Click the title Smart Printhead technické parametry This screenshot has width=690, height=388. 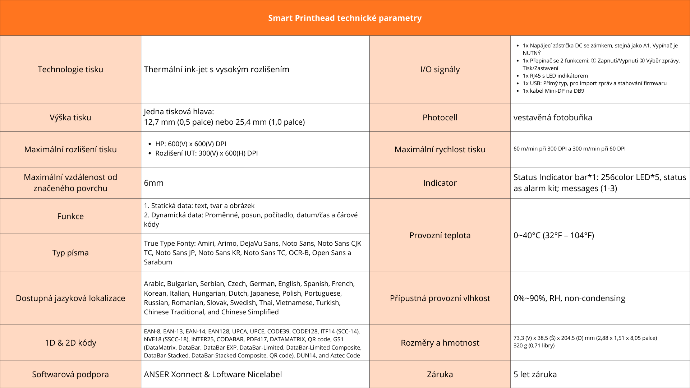pyautogui.click(x=345, y=18)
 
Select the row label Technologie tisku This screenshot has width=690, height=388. pyautogui.click(x=70, y=69)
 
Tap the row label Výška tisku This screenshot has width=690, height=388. pyautogui.click(x=70, y=117)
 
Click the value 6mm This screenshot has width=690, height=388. pyautogui.click(x=154, y=183)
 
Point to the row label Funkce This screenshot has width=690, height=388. pyautogui.click(x=70, y=216)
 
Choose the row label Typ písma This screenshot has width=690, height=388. pyautogui.click(x=70, y=253)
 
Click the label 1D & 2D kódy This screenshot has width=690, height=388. pyautogui.click(x=70, y=343)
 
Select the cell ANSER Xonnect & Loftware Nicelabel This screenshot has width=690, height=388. pyautogui.click(x=213, y=374)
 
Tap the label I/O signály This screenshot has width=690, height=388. pyautogui.click(x=440, y=69)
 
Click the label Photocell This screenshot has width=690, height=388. pyautogui.click(x=440, y=117)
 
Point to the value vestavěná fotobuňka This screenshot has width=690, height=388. pyautogui.click(x=553, y=117)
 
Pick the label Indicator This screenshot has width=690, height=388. pyautogui.click(x=440, y=183)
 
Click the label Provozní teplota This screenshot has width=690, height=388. pyautogui.click(x=440, y=235)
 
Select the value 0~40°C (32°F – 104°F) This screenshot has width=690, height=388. pyautogui.click(x=554, y=235)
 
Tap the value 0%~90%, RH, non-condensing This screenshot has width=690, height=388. pyautogui.click(x=569, y=298)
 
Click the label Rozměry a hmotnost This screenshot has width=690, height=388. pyautogui.click(x=440, y=343)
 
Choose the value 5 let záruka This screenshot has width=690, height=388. pyautogui.click(x=535, y=374)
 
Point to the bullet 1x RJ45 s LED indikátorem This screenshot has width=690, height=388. pyautogui.click(x=555, y=76)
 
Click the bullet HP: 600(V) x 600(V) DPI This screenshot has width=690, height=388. pyautogui.click(x=190, y=144)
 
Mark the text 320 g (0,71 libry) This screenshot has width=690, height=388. pyautogui.click(x=534, y=346)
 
